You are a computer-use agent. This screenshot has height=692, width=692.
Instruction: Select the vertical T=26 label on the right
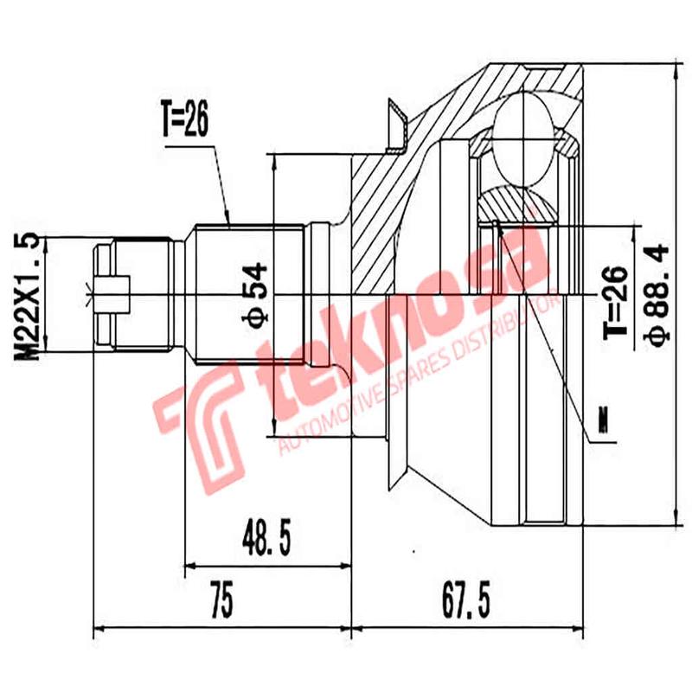(612, 303)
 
